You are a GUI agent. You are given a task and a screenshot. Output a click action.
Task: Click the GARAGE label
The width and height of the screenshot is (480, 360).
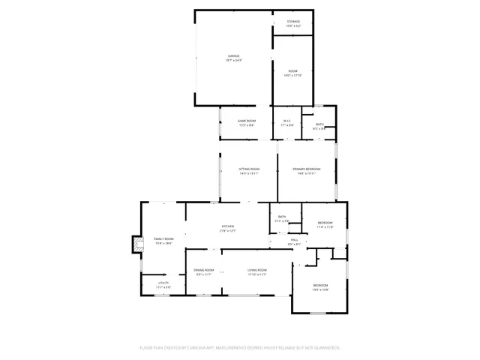pos(234,55)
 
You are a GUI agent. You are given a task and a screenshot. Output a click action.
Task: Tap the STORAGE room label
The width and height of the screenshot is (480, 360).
pos(293,22)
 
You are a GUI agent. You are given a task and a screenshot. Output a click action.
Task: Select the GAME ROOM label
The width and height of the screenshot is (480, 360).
pos(247,121)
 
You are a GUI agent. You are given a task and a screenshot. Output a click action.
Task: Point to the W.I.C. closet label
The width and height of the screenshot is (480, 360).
pos(286,121)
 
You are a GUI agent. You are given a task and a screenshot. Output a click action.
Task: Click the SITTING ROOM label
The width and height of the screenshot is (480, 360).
pos(250,169)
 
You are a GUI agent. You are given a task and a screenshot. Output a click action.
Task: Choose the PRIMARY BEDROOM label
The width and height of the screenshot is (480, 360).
pos(307,169)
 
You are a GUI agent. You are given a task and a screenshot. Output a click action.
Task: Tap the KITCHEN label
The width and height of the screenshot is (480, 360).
pos(228,226)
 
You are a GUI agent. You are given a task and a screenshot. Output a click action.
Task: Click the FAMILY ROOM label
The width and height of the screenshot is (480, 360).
pos(163,238)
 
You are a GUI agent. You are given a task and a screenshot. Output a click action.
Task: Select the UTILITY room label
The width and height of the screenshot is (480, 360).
pos(163,283)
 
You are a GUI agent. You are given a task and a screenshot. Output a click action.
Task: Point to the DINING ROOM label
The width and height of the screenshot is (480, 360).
pos(204,270)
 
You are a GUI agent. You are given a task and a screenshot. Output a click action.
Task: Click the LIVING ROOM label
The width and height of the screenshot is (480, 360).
pos(257,270)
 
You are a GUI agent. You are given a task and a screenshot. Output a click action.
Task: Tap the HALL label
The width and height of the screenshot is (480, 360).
pos(294,240)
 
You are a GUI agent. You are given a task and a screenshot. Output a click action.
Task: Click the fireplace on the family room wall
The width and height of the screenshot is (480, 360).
pos(136,244)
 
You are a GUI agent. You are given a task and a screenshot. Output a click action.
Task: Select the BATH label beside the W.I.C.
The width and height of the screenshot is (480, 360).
pos(319,124)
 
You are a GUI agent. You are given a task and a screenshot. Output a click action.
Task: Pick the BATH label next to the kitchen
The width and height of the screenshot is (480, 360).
pos(282,217)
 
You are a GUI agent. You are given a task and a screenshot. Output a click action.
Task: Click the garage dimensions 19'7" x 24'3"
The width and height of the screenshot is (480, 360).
pos(234,60)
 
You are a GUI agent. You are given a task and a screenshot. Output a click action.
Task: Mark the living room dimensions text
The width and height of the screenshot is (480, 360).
pos(257,274)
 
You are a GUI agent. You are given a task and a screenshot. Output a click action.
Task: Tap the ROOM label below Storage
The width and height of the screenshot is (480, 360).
pos(292,71)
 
